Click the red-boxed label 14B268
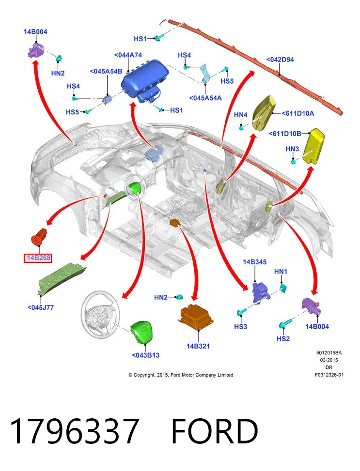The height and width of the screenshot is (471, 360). [38, 258]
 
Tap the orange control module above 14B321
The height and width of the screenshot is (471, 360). [196, 318]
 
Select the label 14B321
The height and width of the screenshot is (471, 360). [198, 346]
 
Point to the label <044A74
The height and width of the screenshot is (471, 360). [128, 55]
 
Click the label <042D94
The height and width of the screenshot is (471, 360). [280, 60]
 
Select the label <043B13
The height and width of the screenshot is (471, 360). [145, 355]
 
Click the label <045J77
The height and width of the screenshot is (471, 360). [41, 307]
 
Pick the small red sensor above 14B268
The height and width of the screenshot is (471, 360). [39, 236]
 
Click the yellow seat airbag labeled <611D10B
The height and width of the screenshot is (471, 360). [313, 146]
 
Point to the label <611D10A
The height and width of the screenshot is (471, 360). [298, 113]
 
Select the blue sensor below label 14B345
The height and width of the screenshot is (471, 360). [261, 292]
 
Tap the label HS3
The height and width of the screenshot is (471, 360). [240, 326]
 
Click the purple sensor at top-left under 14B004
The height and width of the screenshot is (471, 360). [36, 49]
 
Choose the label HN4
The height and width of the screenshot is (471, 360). [241, 115]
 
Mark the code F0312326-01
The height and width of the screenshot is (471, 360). [329, 375]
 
